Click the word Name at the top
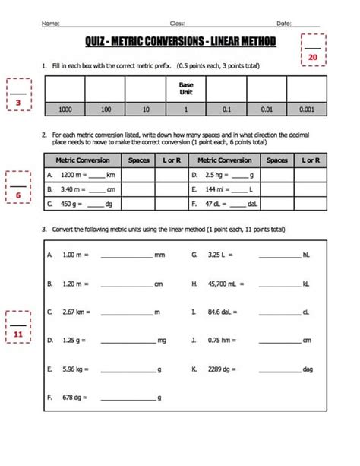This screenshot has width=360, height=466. [x=50, y=24]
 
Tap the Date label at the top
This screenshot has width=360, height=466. [x=283, y=24]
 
